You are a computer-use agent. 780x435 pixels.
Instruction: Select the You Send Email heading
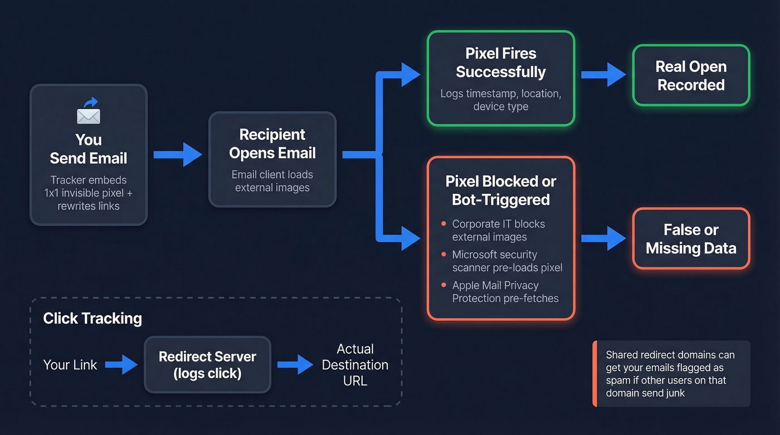click(89, 149)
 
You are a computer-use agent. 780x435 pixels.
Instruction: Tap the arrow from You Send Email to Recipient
click(178, 154)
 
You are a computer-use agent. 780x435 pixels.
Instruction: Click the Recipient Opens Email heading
click(272, 144)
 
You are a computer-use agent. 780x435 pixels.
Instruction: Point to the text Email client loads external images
click(272, 181)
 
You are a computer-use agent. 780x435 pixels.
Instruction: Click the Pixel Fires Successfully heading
click(500, 63)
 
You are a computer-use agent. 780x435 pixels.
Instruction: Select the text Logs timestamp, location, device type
click(500, 100)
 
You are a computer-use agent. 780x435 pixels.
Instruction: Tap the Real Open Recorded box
click(691, 76)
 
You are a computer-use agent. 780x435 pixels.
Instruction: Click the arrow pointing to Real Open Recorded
click(603, 75)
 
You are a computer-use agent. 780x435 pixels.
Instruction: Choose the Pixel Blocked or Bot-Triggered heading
click(500, 190)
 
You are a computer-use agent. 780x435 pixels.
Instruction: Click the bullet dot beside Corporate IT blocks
click(443, 224)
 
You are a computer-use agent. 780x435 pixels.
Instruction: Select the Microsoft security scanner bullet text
click(507, 261)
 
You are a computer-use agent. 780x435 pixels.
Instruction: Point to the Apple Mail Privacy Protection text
click(505, 292)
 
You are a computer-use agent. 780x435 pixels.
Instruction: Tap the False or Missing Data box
click(691, 239)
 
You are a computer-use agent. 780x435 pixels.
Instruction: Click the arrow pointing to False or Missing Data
click(603, 238)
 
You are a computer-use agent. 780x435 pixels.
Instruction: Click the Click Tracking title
click(92, 319)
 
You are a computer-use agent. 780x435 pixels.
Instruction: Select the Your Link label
click(70, 365)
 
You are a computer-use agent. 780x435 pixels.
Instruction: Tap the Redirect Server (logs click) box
click(207, 365)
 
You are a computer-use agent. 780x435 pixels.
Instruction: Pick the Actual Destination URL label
click(355, 365)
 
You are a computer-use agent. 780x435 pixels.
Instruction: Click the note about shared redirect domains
click(671, 374)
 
